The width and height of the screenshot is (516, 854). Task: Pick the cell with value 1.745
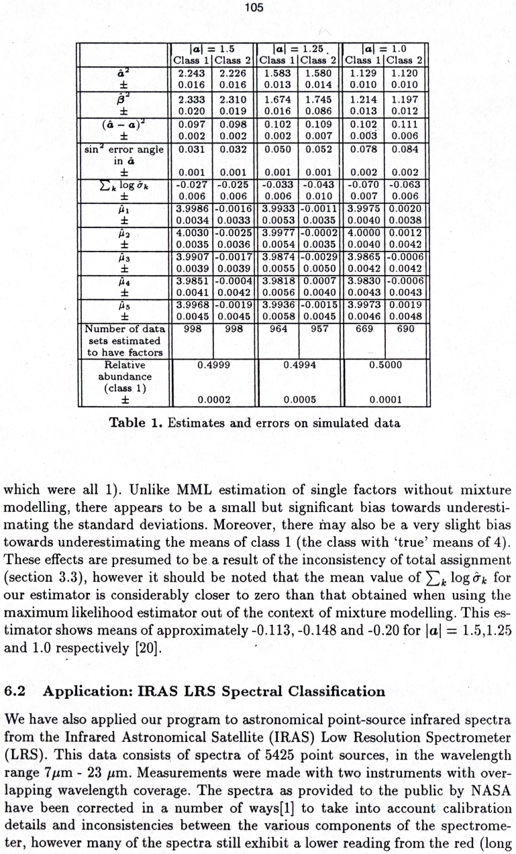[318, 99]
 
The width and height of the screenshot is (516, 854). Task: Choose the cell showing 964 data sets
[278, 329]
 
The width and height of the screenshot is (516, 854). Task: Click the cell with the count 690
[405, 329]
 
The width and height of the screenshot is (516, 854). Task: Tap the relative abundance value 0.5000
[385, 366]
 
